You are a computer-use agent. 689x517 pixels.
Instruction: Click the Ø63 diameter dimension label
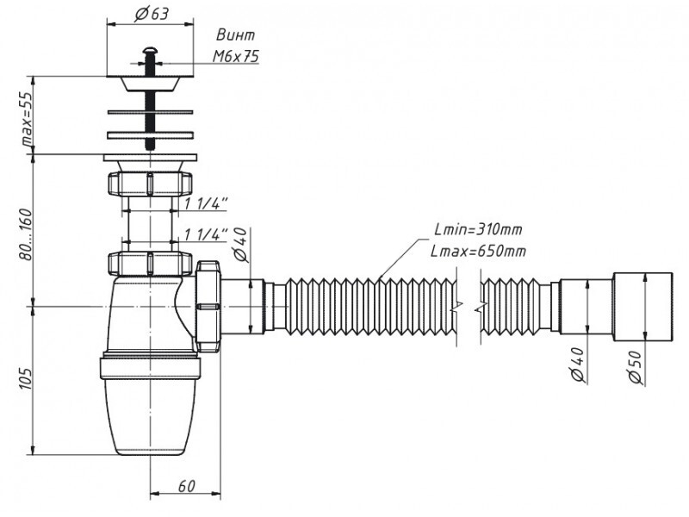click(x=152, y=14)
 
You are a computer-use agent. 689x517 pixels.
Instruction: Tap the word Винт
click(x=235, y=35)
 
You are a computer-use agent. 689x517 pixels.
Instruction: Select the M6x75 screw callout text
click(x=236, y=56)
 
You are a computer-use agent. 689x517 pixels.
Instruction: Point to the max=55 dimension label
click(x=28, y=119)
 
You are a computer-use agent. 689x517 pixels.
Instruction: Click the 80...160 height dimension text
click(x=27, y=234)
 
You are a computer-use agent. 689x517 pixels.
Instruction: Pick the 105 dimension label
click(x=26, y=378)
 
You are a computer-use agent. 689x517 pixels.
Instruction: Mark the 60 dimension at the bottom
click(x=186, y=486)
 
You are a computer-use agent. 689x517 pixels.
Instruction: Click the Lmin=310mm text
click(x=478, y=229)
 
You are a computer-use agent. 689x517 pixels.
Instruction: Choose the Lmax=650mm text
click(x=478, y=251)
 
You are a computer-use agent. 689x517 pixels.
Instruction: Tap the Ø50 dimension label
click(x=636, y=367)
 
